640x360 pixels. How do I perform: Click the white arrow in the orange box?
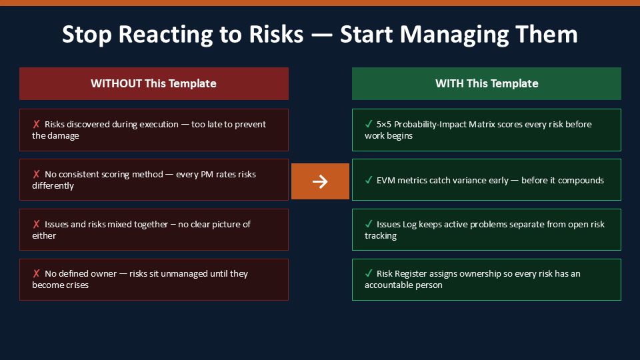click(x=320, y=181)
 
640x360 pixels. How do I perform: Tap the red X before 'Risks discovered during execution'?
click(x=36, y=124)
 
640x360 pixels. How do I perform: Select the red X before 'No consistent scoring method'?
click(x=36, y=174)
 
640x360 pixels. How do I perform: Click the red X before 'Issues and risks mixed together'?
click(x=36, y=224)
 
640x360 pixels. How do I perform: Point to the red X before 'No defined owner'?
click(x=36, y=273)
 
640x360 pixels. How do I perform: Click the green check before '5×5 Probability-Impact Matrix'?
click(x=369, y=124)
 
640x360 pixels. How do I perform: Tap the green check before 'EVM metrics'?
click(x=369, y=180)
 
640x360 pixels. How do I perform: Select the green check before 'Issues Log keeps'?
click(x=369, y=224)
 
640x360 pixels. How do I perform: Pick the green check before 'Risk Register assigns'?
click(x=369, y=273)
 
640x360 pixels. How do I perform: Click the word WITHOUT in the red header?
click(x=116, y=84)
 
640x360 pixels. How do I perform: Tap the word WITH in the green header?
click(x=449, y=84)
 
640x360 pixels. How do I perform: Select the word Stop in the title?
click(x=87, y=35)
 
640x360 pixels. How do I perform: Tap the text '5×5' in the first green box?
click(x=384, y=125)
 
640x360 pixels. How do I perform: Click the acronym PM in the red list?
click(x=207, y=174)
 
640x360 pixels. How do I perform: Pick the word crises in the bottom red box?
click(x=77, y=285)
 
